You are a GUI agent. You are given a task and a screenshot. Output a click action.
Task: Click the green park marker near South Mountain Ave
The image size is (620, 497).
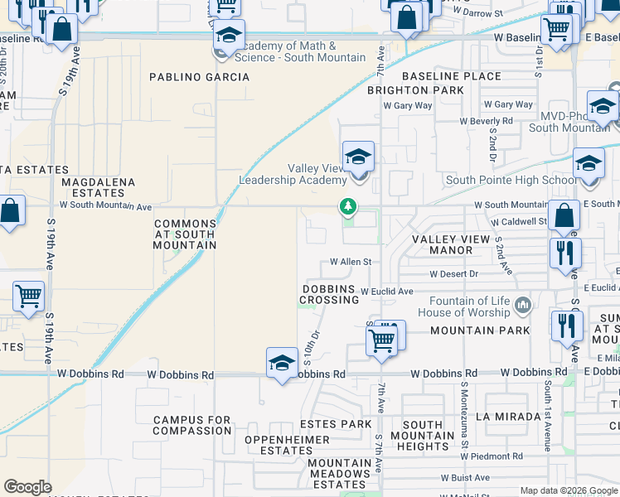tap(349, 206)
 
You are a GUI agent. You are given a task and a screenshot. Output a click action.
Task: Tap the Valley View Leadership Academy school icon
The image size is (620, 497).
tap(358, 157)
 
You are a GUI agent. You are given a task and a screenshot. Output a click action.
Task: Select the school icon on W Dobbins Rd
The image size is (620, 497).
tap(282, 363)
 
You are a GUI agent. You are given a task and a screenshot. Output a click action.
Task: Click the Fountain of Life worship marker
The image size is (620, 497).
tap(522, 306)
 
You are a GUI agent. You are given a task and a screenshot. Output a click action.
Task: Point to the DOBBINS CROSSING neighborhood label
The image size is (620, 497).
tap(329, 294)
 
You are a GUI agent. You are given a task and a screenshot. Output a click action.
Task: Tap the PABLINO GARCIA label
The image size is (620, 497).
tap(199, 77)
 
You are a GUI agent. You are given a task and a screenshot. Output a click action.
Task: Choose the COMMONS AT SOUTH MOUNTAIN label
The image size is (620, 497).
tap(186, 234)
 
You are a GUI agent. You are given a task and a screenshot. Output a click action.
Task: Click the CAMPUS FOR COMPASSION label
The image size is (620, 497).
tap(192, 425)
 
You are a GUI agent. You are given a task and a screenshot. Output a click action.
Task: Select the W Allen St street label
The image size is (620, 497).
tap(350, 262)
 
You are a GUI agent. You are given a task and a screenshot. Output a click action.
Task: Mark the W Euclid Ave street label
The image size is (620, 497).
tap(386, 292)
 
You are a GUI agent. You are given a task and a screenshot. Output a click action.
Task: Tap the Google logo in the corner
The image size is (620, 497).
tap(27, 487)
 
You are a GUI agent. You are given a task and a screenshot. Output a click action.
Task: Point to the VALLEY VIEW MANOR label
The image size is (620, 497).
tap(453, 244)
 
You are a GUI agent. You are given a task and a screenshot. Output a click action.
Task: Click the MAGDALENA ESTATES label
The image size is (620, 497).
tap(92, 186)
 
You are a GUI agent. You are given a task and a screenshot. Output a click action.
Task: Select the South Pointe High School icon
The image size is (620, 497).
tap(589, 164)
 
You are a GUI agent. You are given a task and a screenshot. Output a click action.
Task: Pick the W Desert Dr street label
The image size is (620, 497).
tap(453, 274)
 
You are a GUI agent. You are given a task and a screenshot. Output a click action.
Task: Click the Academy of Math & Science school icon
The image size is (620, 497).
tap(228, 36)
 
